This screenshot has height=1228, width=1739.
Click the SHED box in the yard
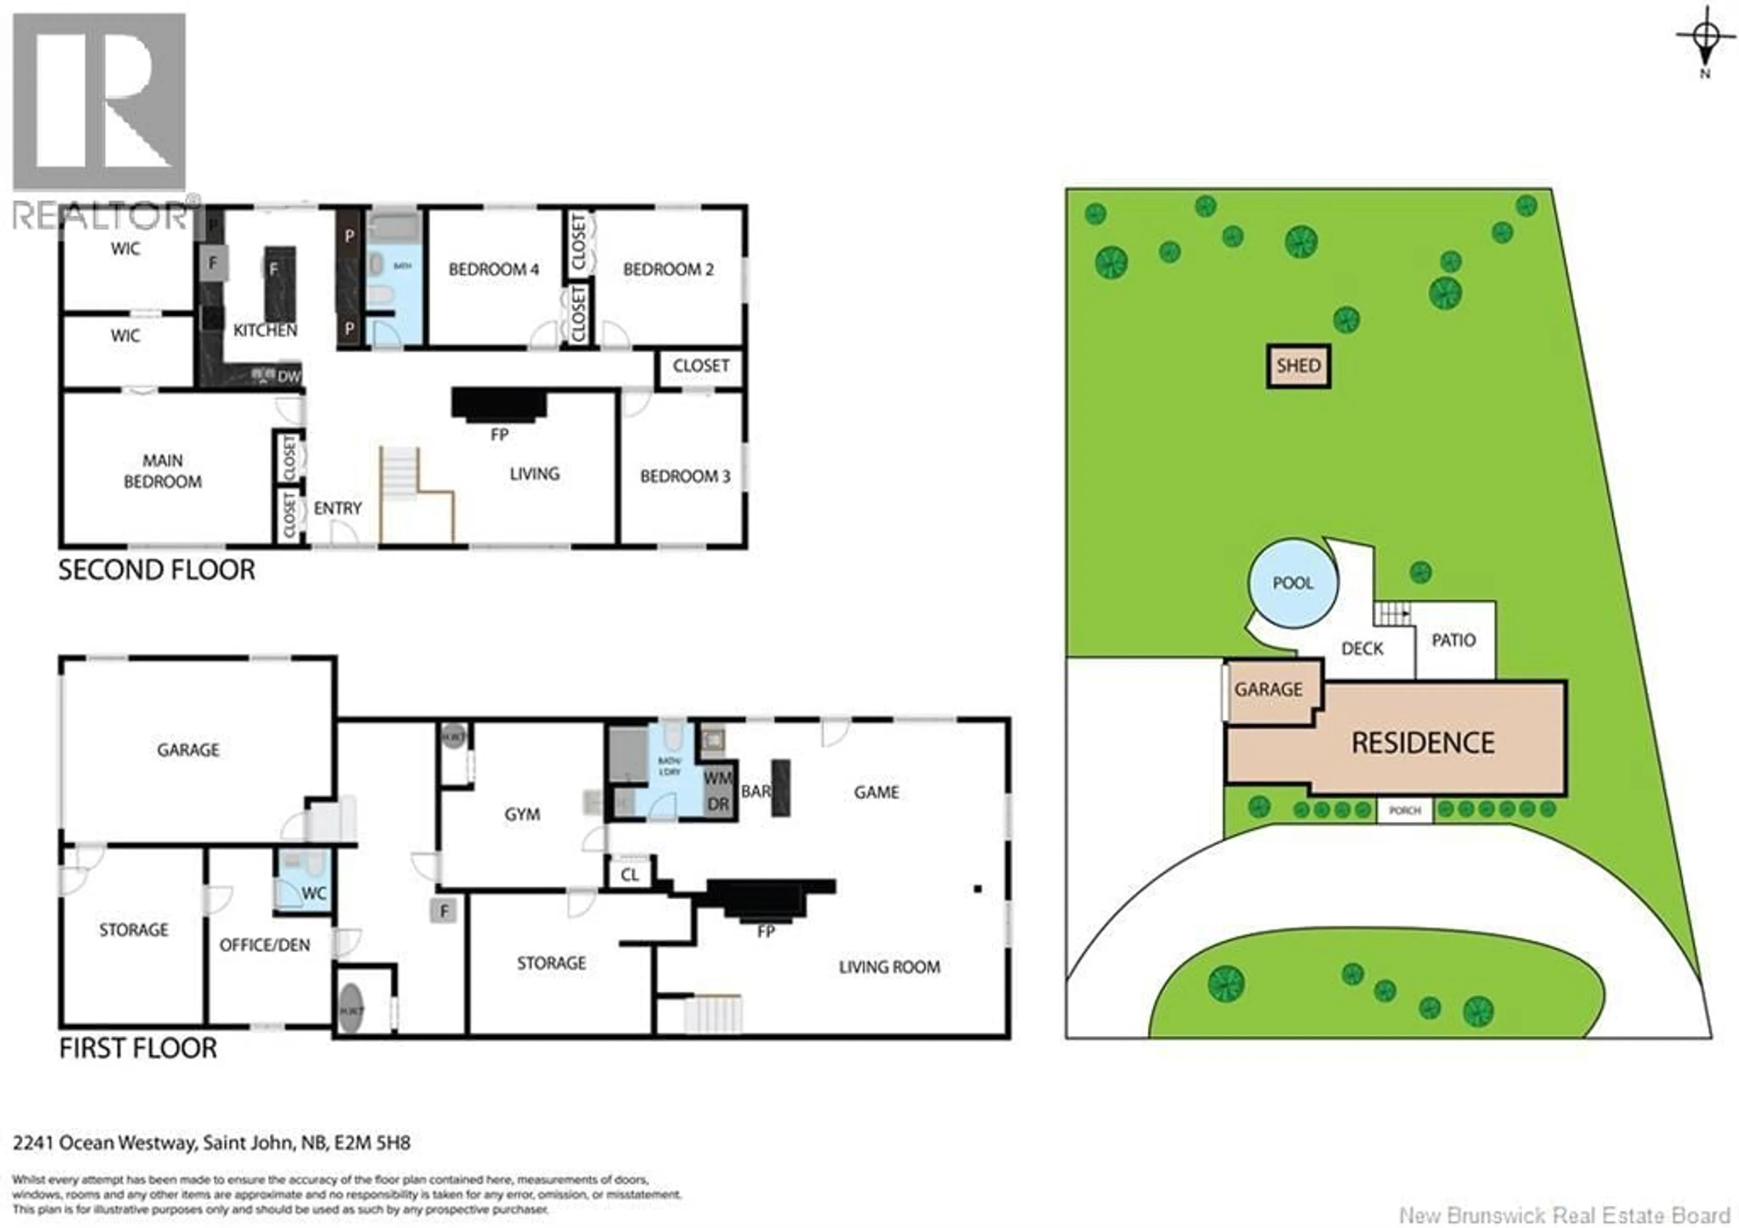(x=1298, y=366)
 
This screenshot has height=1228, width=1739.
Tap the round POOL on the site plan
(x=1293, y=583)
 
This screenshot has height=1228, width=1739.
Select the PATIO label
(x=1453, y=640)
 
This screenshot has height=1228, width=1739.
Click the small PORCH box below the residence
(x=1404, y=810)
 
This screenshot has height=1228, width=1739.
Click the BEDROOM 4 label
(x=493, y=270)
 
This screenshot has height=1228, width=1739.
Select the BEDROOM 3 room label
(x=685, y=477)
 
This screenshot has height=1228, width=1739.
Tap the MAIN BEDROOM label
(x=163, y=471)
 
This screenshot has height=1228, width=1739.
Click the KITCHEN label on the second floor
(x=264, y=330)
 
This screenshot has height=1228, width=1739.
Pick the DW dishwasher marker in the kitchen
(x=288, y=376)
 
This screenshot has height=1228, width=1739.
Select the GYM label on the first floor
(x=522, y=814)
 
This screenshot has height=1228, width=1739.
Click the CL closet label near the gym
(x=629, y=875)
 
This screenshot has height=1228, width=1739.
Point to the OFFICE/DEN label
(x=264, y=945)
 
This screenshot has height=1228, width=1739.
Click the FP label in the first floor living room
(x=766, y=930)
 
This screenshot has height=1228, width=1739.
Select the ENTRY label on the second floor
(x=338, y=508)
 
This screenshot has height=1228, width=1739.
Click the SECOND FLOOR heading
(x=157, y=570)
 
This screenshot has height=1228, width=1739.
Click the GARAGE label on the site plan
(x=1268, y=689)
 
